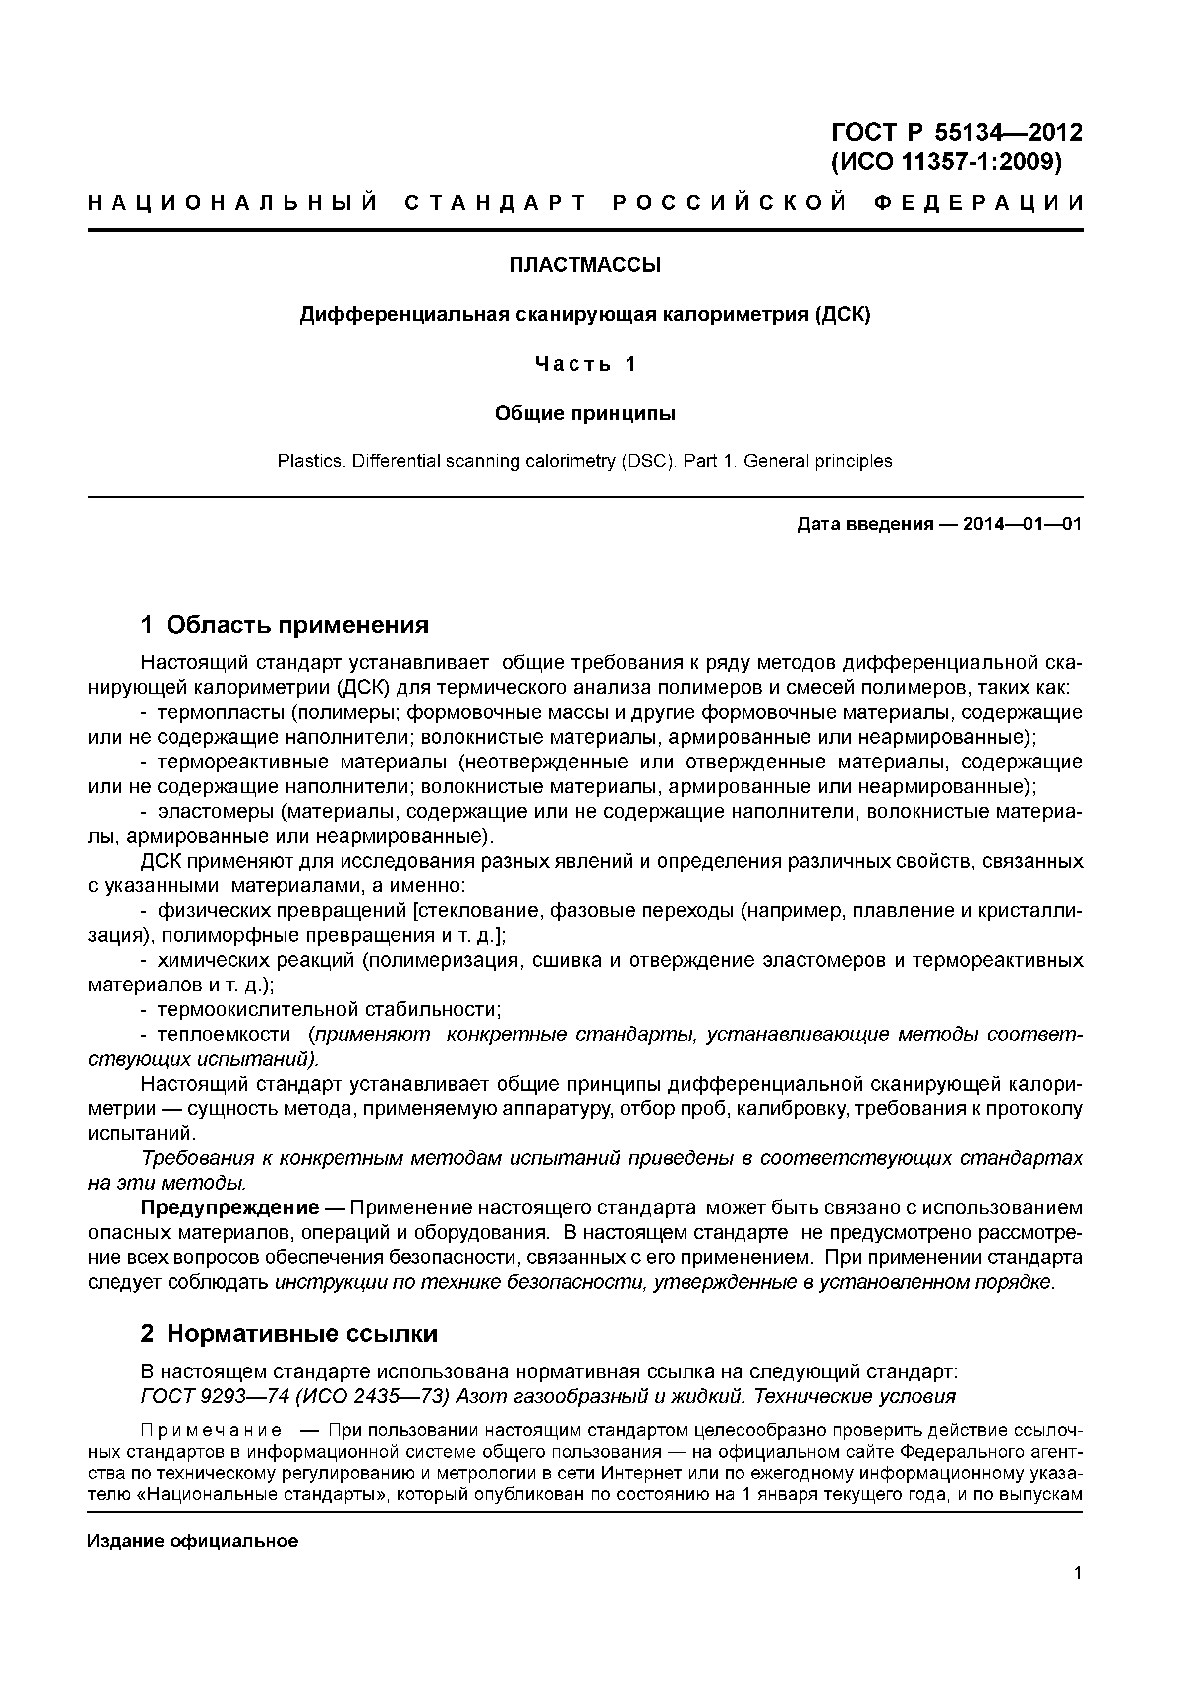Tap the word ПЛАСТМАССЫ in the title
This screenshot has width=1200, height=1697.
585,265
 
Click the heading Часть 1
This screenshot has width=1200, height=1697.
585,364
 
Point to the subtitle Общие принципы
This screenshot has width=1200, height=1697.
585,413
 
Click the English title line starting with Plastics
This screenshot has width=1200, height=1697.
585,461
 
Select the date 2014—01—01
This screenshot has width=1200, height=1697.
1023,524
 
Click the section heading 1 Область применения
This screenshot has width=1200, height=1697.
285,625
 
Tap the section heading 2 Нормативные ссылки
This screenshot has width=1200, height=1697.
289,1333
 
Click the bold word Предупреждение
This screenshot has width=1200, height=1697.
229,1207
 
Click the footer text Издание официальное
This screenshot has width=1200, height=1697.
192,1541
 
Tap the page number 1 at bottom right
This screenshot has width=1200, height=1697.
1077,1593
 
